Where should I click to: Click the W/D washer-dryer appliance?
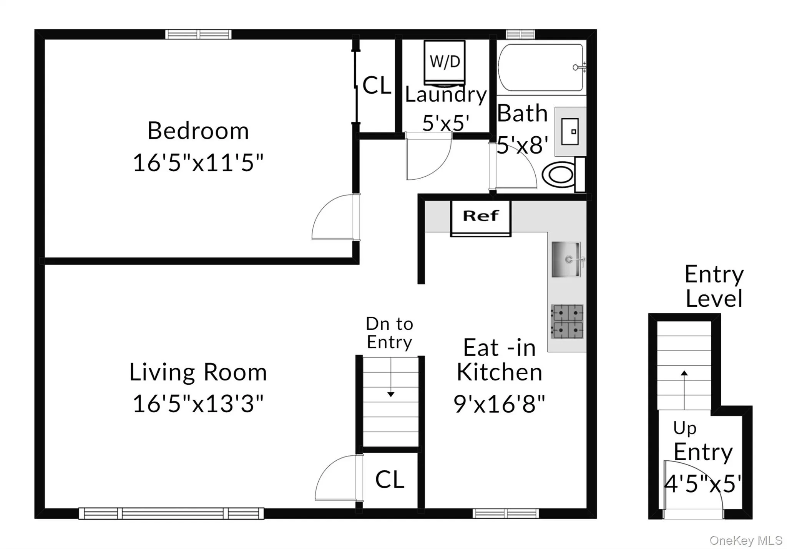pyautogui.click(x=445, y=62)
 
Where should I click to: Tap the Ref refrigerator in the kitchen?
pyautogui.click(x=480, y=217)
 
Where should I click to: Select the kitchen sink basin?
pyautogui.click(x=566, y=260)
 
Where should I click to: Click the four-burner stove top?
pyautogui.click(x=567, y=322)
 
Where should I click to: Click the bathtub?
pyautogui.click(x=541, y=68)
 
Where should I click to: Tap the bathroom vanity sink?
pyautogui.click(x=570, y=132)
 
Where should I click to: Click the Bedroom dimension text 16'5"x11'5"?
pyautogui.click(x=198, y=163)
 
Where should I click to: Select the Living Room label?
pyautogui.click(x=198, y=372)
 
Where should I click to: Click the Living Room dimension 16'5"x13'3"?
pyautogui.click(x=198, y=404)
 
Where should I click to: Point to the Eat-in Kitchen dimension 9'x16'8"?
pyautogui.click(x=499, y=404)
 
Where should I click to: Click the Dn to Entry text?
pyautogui.click(x=389, y=333)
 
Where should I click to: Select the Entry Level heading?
pyautogui.click(x=714, y=286)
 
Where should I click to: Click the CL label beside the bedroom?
pyautogui.click(x=377, y=85)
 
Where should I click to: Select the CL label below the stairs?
pyautogui.click(x=390, y=480)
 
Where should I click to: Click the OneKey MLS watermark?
pyautogui.click(x=745, y=541)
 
